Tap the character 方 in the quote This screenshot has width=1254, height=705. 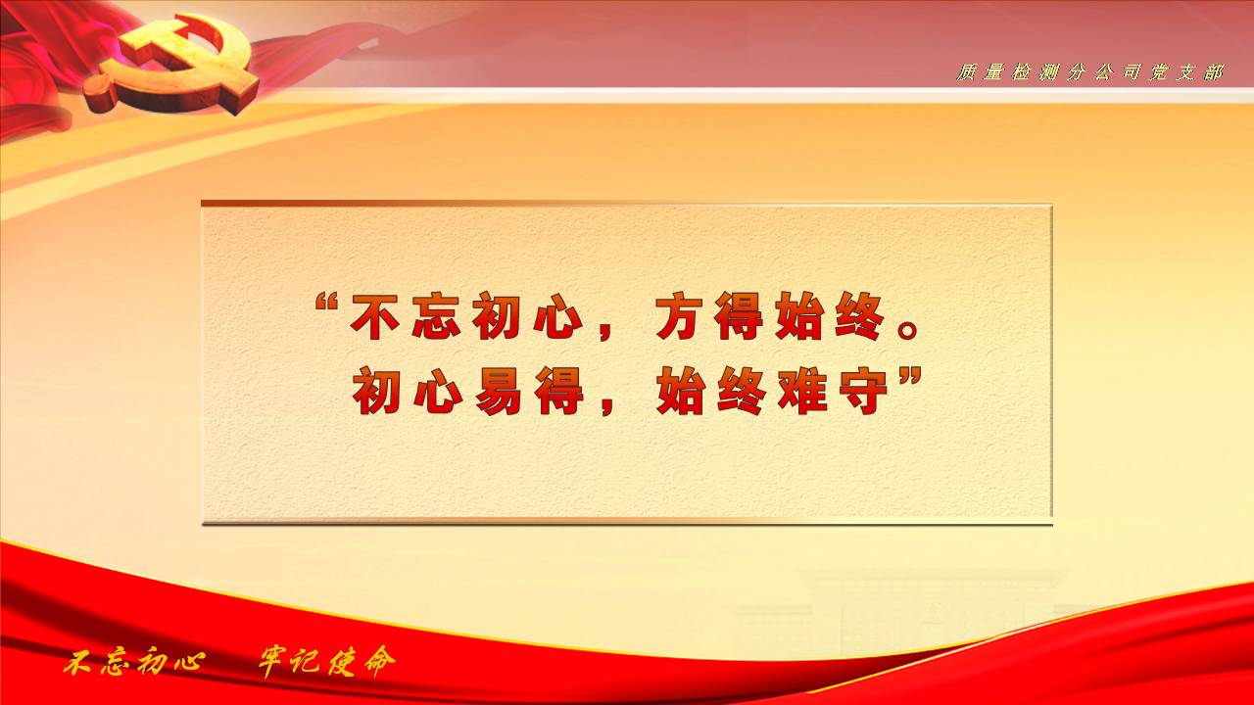click(679, 316)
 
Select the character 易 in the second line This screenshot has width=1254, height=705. click(498, 391)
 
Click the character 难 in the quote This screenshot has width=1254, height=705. click(802, 391)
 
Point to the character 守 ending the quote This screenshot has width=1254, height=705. click(863, 391)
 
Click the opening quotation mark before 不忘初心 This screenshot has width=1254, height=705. click(327, 304)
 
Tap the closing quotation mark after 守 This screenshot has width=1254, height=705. click(910, 377)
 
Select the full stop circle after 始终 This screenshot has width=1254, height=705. click(907, 330)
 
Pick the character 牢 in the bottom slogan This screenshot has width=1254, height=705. click(272, 662)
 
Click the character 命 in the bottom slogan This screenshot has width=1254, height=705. click(380, 662)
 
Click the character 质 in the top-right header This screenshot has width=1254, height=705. click(967, 72)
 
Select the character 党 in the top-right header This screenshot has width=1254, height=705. click(1159, 72)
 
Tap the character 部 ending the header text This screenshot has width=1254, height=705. click(1214, 72)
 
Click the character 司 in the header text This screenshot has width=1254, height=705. click(1132, 72)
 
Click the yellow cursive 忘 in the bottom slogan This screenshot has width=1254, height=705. click(116, 663)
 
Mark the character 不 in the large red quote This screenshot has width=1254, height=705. click(375, 316)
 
